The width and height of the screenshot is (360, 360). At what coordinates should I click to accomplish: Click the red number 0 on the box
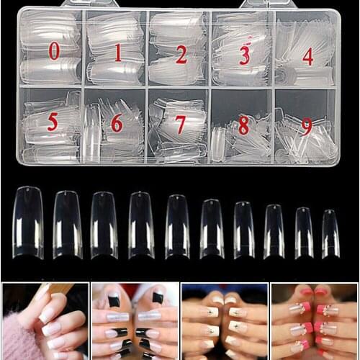(54, 51)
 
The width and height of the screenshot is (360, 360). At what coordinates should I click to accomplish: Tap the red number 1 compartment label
(117, 53)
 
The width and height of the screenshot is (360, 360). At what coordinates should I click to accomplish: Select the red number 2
(181, 54)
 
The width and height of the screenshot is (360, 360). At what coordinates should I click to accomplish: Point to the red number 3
(244, 55)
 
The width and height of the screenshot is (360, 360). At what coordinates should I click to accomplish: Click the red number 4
(307, 56)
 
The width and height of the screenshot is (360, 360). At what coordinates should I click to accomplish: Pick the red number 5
(53, 122)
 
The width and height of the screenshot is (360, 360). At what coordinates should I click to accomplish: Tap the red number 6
(116, 123)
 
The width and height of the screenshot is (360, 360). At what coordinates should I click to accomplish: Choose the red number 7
(180, 125)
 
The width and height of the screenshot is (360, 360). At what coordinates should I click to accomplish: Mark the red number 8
(243, 125)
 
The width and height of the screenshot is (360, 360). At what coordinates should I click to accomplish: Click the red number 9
(307, 126)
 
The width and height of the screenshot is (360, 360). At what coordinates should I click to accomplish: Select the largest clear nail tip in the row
(28, 222)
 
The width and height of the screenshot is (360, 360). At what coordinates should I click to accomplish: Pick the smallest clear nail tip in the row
(330, 233)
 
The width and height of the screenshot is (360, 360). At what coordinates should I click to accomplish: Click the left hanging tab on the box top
(79, 4)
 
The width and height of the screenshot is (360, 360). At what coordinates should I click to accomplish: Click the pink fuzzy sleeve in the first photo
(14, 343)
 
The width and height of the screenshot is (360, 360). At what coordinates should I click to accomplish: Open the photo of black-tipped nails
(135, 321)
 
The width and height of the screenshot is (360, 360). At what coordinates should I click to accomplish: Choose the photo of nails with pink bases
(314, 321)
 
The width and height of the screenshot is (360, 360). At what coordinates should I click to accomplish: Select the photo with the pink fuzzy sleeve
(45, 321)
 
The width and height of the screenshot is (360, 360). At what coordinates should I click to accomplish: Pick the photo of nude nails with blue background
(224, 321)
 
